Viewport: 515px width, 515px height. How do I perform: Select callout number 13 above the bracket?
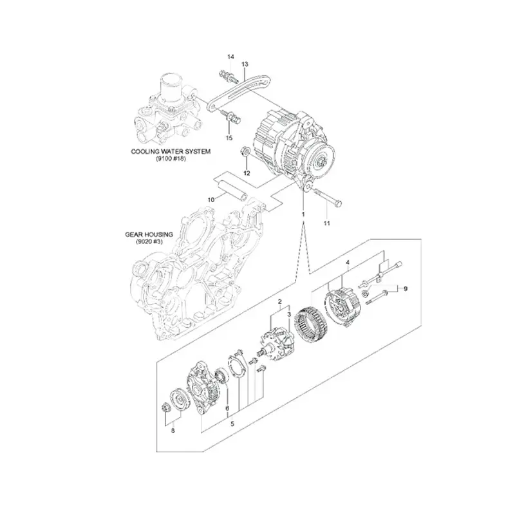point(245,64)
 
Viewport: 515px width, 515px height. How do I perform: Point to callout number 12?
point(246,173)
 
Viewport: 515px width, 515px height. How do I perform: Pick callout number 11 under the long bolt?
point(326,223)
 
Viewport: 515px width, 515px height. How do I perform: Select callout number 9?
point(406,289)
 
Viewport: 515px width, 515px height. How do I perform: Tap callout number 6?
point(227,408)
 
